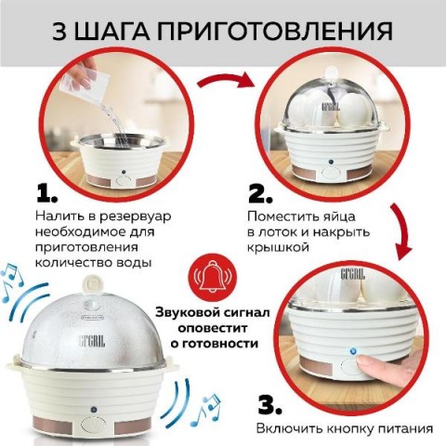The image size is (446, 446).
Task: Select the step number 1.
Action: pos(46,193)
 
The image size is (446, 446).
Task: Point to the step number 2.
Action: pos(261,194)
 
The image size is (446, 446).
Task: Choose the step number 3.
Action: pos(270,405)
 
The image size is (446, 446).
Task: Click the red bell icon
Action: pos(214,278)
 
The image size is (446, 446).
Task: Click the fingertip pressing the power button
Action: pos(363,361)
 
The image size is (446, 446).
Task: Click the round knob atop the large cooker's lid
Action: pos(93,283)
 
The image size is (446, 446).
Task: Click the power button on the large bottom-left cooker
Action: pos(93,425)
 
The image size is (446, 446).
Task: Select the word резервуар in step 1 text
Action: pos(135,216)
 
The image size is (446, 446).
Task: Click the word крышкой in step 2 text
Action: pos(278,247)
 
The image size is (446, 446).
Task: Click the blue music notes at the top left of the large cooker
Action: pos(12,282)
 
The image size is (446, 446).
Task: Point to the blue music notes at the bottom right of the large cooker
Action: pos(206,410)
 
